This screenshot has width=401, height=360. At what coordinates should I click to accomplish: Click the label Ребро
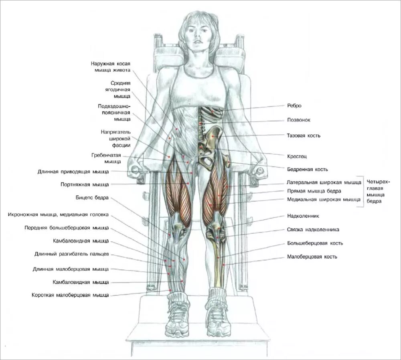click(294, 106)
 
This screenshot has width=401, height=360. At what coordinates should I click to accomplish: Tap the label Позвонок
click(298, 120)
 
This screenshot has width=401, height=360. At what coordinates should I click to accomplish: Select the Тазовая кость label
click(304, 136)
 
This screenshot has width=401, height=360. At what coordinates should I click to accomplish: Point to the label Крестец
click(297, 156)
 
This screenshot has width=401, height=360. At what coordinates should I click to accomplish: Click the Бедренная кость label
click(308, 169)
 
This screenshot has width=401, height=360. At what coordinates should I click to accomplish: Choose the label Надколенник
click(303, 216)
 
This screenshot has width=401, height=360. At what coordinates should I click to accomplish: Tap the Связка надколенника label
click(313, 230)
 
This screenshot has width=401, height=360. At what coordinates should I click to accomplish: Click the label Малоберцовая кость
click(312, 257)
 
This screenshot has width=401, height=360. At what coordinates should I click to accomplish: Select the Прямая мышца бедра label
click(314, 191)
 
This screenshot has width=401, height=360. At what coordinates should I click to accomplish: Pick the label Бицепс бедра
click(92, 198)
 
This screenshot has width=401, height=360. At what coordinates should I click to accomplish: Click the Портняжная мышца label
click(84, 185)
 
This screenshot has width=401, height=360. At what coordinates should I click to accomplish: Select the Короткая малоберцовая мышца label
click(70, 295)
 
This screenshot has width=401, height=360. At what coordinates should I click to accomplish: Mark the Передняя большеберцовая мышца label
click(66, 228)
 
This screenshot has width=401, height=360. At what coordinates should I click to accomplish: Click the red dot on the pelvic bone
click(213, 137)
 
